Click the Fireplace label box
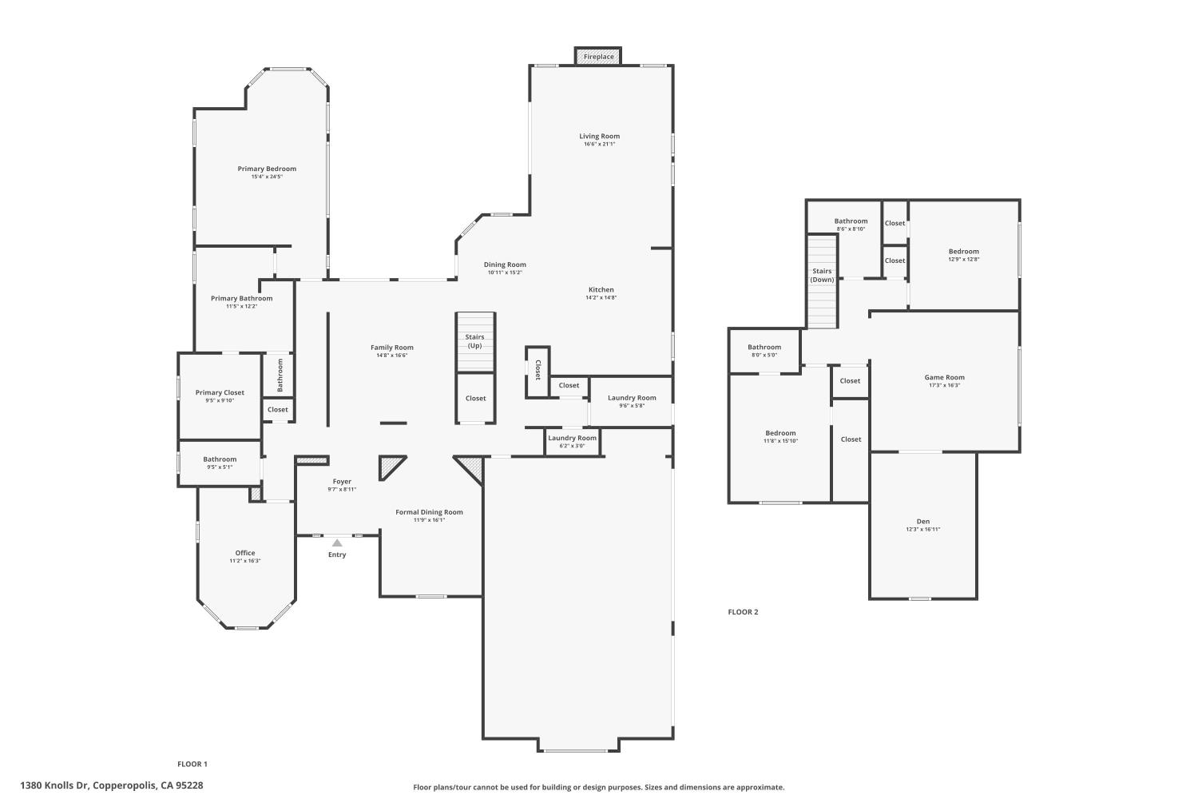tap(598, 57)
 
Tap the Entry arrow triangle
tap(337, 543)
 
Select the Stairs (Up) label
tap(475, 341)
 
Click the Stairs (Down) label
tap(822, 275)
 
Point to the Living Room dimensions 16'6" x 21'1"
tap(599, 145)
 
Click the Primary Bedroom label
tap(267, 169)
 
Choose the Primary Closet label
tap(220, 392)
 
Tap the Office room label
tap(245, 553)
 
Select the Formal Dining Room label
tap(429, 512)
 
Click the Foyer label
tap(342, 482)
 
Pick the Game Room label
tap(944, 377)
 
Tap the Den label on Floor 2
tap(922, 522)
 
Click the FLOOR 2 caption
tap(743, 612)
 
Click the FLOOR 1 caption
tap(192, 764)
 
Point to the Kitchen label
tap(601, 289)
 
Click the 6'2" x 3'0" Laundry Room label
tap(572, 438)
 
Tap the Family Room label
tap(391, 348)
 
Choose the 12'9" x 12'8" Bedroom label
tap(963, 252)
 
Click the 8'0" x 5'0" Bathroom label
tap(764, 348)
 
